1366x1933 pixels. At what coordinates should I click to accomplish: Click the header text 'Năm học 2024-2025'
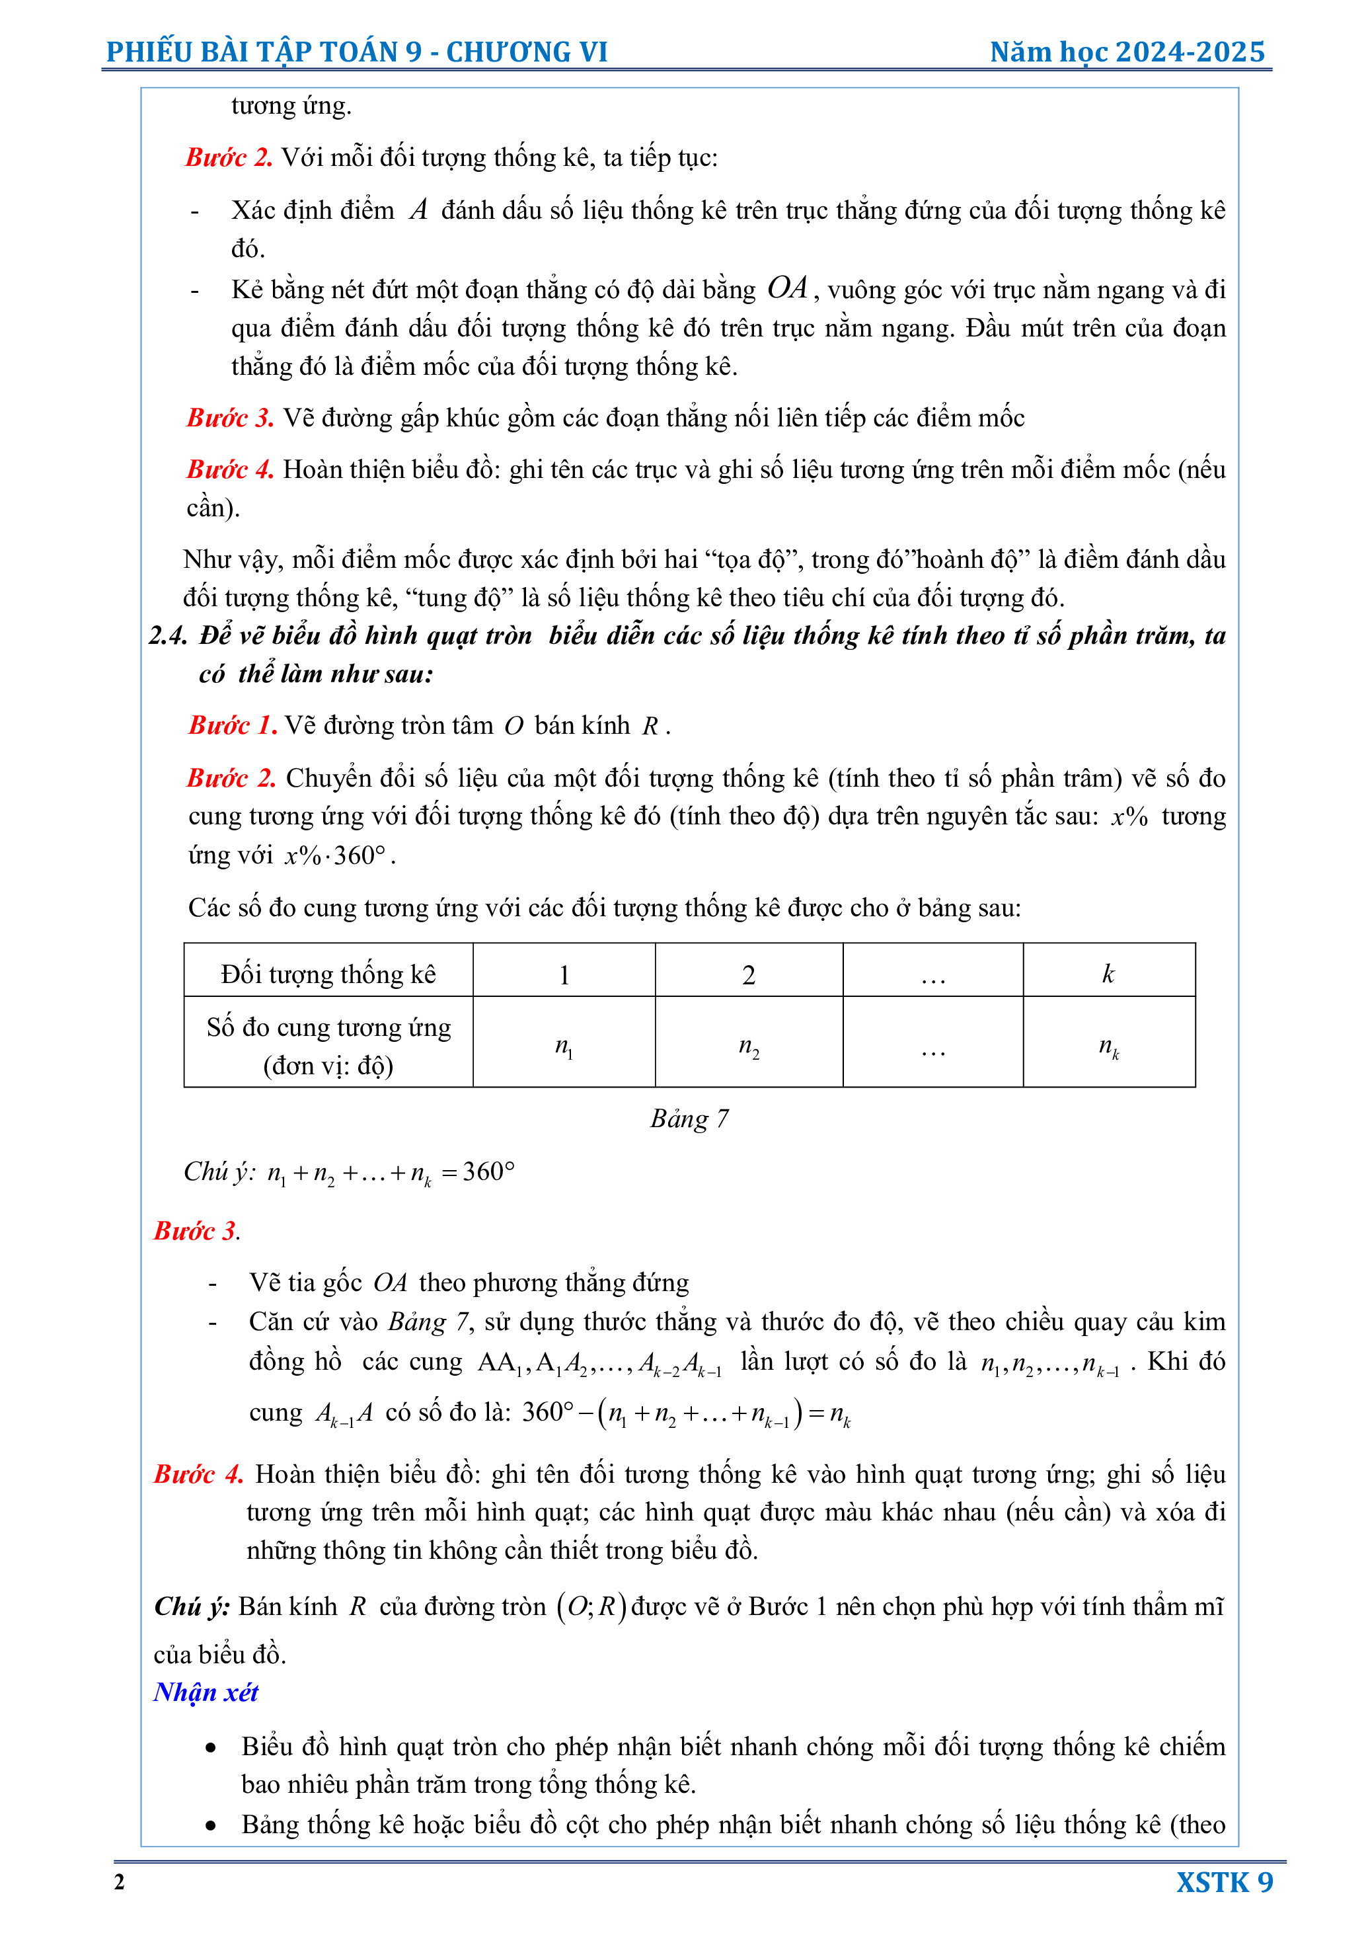[1127, 52]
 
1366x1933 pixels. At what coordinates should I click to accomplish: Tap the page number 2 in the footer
[120, 1881]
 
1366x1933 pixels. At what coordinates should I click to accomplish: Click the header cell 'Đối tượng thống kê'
[328, 974]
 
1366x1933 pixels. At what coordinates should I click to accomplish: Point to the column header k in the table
[1108, 974]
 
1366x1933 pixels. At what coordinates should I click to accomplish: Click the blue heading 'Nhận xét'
[206, 1692]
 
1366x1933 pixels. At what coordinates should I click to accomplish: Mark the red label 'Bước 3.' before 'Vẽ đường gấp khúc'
[230, 418]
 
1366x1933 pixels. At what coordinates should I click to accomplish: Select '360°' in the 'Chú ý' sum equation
[488, 1171]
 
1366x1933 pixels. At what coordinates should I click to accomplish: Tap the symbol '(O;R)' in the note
[591, 1606]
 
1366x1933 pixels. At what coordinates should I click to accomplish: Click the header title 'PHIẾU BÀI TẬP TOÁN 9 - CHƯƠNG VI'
[357, 52]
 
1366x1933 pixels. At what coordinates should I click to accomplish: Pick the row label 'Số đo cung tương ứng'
[328, 1028]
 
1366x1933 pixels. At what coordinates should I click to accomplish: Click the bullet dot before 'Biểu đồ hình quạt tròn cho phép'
[210, 1748]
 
